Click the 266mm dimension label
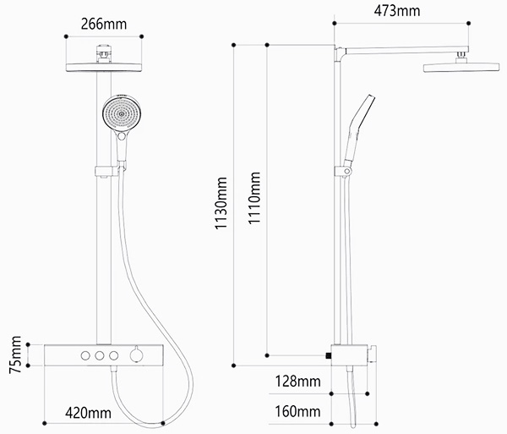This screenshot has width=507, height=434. [103, 25]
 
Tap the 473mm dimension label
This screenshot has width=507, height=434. [397, 11]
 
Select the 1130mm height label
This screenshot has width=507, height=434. [221, 203]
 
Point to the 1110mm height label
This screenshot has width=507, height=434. [254, 198]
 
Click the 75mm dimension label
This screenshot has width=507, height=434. [15, 355]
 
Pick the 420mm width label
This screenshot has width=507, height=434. [88, 413]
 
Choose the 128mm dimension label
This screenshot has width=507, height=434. [297, 382]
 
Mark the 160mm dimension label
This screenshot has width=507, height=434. [297, 412]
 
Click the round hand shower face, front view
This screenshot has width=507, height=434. [122, 113]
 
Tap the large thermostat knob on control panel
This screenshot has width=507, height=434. [136, 355]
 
